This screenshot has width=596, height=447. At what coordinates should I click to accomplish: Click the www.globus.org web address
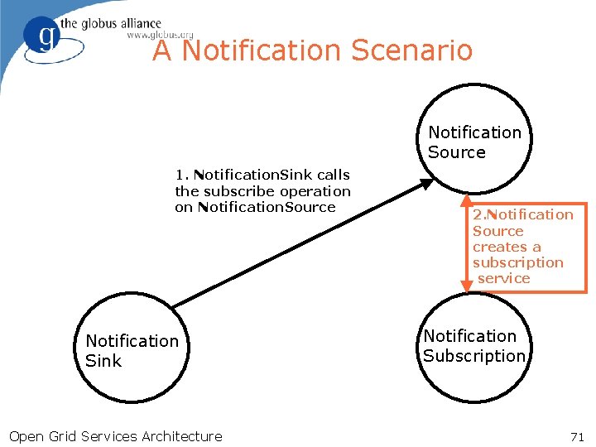(x=160, y=35)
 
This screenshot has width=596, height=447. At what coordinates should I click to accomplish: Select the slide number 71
(x=577, y=436)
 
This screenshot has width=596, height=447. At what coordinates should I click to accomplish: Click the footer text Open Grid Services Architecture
(x=115, y=436)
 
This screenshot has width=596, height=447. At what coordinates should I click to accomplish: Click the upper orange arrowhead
(x=466, y=200)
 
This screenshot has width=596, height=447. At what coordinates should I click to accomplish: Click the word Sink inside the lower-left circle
(x=103, y=361)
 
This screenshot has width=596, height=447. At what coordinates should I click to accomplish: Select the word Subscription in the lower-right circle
(x=474, y=356)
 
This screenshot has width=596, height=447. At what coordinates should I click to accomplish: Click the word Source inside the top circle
(x=457, y=152)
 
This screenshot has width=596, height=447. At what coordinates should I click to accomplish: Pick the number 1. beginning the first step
(x=182, y=175)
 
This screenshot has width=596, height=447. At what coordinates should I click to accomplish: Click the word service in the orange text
(x=503, y=278)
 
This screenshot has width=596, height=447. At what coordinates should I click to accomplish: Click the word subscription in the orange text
(x=518, y=262)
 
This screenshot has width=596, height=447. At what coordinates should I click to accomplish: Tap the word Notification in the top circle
(x=475, y=132)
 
